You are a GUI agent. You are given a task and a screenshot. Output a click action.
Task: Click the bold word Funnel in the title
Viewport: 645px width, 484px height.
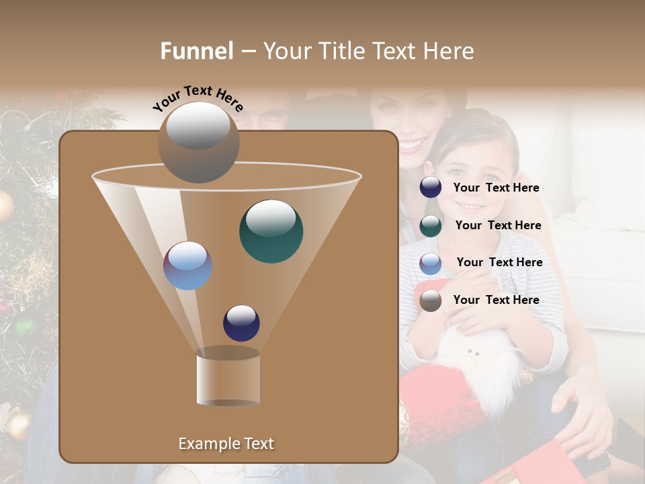coord(196,51)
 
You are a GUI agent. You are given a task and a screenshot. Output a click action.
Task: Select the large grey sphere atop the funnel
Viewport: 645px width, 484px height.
coord(198,142)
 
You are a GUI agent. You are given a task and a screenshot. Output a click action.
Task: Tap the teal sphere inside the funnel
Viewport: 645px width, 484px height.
coord(271,231)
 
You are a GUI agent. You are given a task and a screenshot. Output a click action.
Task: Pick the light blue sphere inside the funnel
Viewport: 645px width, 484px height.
coord(188,266)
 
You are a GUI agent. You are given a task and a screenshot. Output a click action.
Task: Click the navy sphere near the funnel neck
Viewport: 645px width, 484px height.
coord(241,323)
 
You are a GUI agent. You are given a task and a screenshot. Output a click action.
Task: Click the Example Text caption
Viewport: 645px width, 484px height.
coord(226,444)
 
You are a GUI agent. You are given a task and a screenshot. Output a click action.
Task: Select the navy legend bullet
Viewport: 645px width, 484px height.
coord(431,187)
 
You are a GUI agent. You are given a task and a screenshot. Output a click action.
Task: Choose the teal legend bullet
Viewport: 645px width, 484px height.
coord(431,226)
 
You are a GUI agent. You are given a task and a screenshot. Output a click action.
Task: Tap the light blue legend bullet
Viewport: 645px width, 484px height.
coord(431,264)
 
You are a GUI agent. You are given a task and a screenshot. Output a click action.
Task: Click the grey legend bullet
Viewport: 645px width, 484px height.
coord(431,300)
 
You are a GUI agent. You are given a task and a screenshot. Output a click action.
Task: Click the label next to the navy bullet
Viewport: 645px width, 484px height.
coord(496,188)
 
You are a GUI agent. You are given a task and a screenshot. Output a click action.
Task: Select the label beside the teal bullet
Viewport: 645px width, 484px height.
coord(498,225)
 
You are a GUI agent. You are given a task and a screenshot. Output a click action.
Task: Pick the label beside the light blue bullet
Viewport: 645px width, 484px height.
coord(499,262)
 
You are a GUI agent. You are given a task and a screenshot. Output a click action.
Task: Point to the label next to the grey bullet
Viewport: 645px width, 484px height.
coord(496,300)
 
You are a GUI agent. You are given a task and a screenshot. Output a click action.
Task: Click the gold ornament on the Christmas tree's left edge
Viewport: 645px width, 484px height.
coord(4,205)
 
